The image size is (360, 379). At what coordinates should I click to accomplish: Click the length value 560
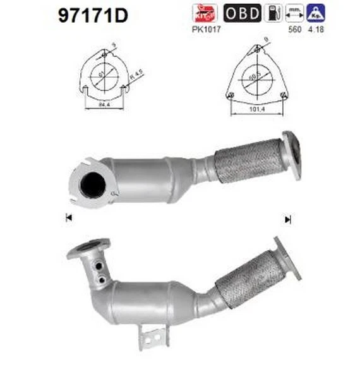tap(292, 28)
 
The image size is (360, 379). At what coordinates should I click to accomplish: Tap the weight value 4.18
tap(314, 28)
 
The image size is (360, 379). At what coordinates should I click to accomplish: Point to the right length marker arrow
tap(289, 219)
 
